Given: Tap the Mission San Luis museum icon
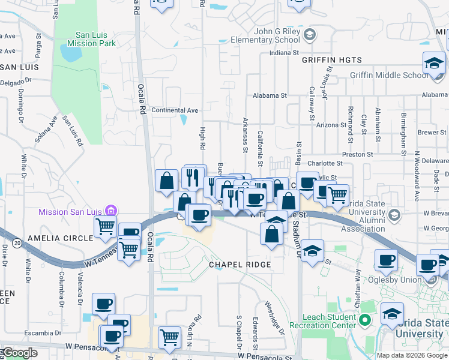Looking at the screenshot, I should pyautogui.click(x=110, y=211).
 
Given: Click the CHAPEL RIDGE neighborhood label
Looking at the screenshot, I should pyautogui.click(x=240, y=265).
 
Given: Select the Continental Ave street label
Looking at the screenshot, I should pyautogui.click(x=175, y=110).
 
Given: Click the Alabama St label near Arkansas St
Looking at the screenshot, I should pyautogui.click(x=270, y=95).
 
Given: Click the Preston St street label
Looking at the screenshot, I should pyautogui.click(x=358, y=154).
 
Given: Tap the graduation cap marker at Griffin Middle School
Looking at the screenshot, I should pyautogui.click(x=433, y=62).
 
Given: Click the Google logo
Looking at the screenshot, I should pyautogui.click(x=19, y=353).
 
